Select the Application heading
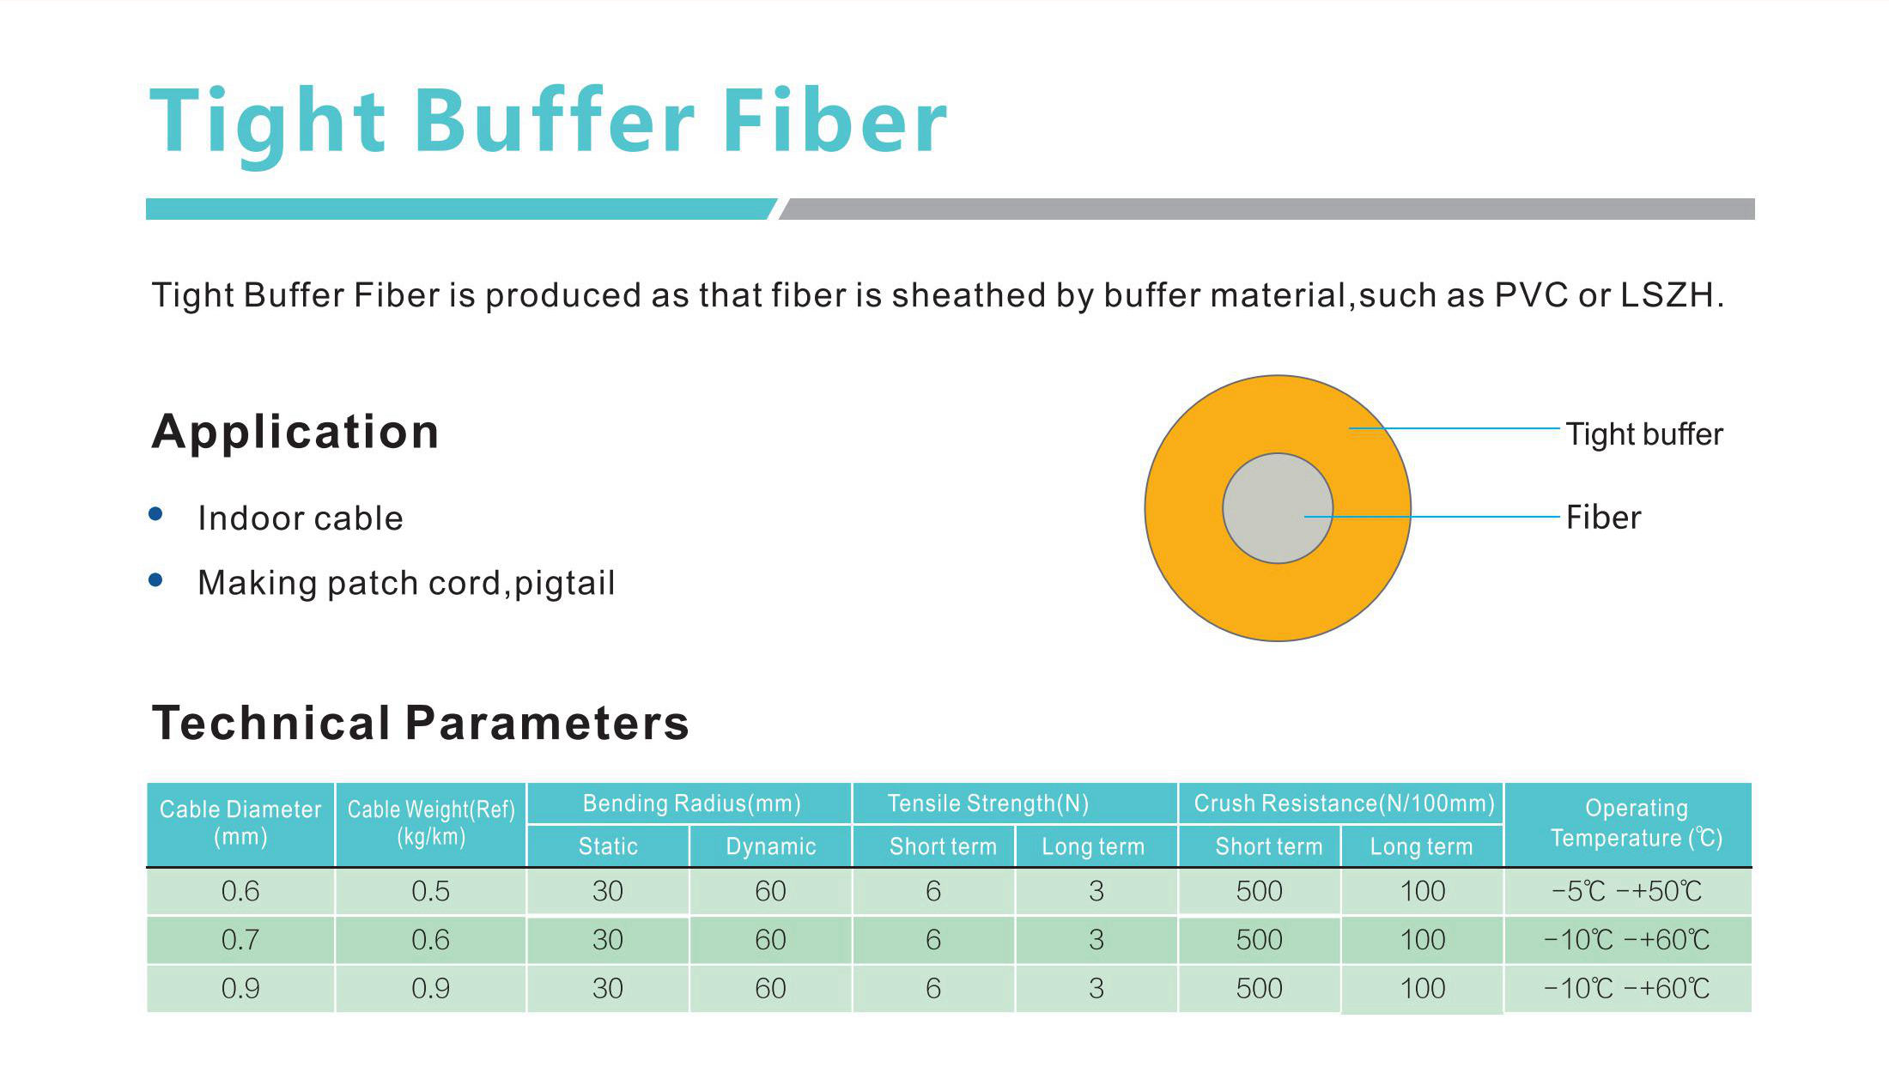[295, 432]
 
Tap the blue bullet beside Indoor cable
[155, 514]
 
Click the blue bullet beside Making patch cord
[155, 580]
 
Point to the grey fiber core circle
[1278, 508]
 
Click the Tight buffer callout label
[1644, 434]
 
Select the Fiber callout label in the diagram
[1603, 518]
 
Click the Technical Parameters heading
[421, 723]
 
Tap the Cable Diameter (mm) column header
[240, 823]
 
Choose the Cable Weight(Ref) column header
[431, 823]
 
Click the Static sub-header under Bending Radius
[608, 846]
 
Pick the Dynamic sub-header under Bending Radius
[771, 846]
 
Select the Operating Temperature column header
[1637, 823]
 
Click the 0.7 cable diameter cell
[240, 940]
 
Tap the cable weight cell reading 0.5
[431, 891]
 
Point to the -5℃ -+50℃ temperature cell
[1627, 891]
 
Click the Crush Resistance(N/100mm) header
[1344, 803]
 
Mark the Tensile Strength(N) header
[988, 803]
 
